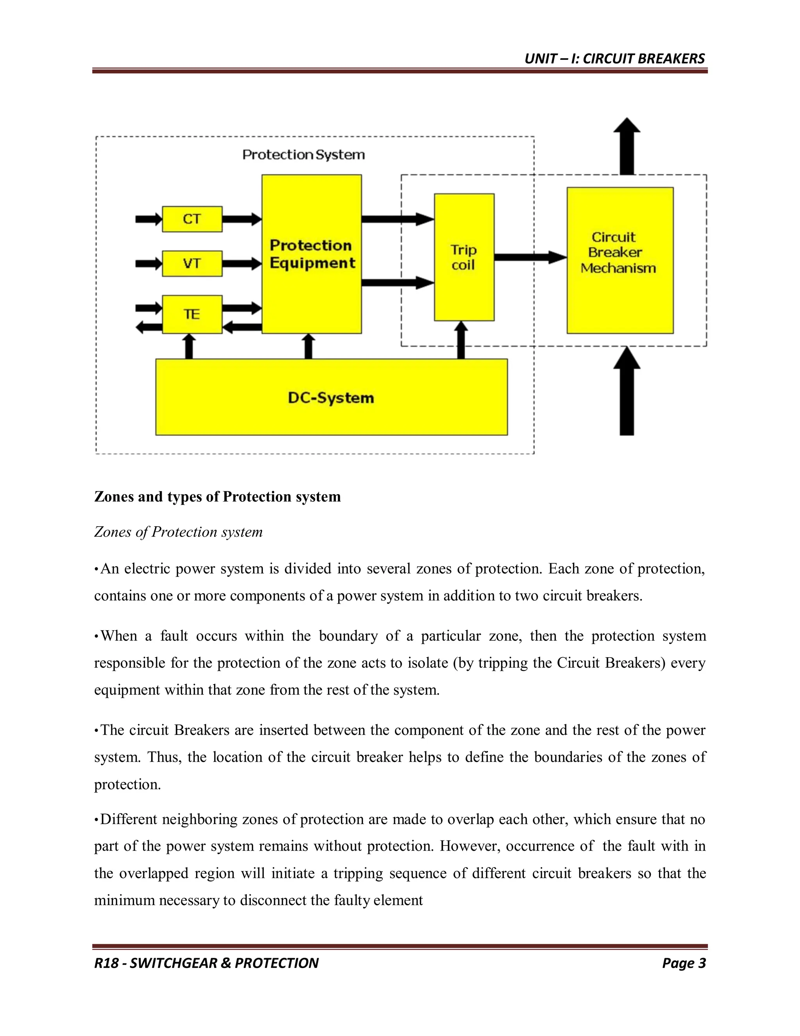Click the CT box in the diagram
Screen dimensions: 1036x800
pyautogui.click(x=192, y=219)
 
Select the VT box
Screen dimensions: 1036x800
pyautogui.click(x=192, y=264)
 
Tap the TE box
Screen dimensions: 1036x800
pyautogui.click(x=192, y=314)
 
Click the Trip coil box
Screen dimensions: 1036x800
pyautogui.click(x=464, y=257)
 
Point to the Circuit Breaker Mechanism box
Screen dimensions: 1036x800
pyautogui.click(x=620, y=260)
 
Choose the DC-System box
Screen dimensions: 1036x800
pyautogui.click(x=331, y=397)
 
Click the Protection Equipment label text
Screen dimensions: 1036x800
pyautogui.click(x=312, y=254)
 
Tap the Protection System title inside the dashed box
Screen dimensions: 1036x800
pyautogui.click(x=303, y=155)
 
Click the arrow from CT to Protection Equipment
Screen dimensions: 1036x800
pyautogui.click(x=242, y=219)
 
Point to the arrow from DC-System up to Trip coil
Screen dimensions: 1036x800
pyautogui.click(x=461, y=340)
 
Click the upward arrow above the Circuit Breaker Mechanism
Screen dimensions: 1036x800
pyautogui.click(x=627, y=146)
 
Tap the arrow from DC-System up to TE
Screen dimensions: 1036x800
pyautogui.click(x=189, y=346)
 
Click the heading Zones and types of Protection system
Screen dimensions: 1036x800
pyautogui.click(x=218, y=496)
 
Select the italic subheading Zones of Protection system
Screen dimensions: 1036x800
pyautogui.click(x=178, y=532)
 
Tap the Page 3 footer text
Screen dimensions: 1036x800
pyautogui.click(x=684, y=963)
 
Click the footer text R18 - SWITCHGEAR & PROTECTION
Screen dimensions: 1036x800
pyautogui.click(x=207, y=963)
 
